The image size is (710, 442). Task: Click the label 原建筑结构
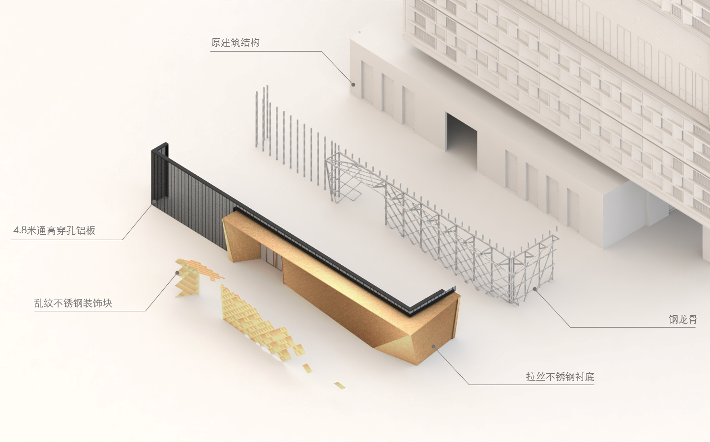tap(235, 43)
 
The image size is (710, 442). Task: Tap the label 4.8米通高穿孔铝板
tap(54, 230)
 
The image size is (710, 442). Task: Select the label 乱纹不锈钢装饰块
tap(73, 303)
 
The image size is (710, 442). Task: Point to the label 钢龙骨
tap(682, 319)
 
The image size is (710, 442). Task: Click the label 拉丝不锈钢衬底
tap(560, 377)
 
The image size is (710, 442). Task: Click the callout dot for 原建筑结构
tap(353, 84)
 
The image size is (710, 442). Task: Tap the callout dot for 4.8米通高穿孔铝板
tap(154, 201)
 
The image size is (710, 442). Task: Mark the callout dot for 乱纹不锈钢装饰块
tap(177, 273)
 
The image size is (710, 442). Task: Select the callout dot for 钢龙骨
tap(535, 289)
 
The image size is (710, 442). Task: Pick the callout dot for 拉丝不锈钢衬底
tap(434, 346)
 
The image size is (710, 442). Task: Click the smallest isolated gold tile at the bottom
tap(340, 386)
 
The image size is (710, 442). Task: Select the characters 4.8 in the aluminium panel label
tap(20, 230)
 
